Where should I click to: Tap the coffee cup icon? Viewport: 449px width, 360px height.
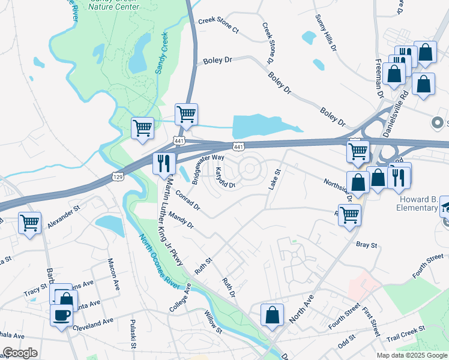pyautogui.click(x=61, y=315)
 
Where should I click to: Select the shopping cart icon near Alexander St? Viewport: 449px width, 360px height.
pyautogui.click(x=29, y=223)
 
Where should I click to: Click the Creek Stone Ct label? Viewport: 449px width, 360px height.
pyautogui.click(x=218, y=25)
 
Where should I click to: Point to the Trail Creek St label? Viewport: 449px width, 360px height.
pyautogui.click(x=406, y=333)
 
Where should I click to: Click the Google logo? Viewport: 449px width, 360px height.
pyautogui.click(x=20, y=353)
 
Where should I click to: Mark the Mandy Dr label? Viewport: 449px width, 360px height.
pyautogui.click(x=181, y=220)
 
